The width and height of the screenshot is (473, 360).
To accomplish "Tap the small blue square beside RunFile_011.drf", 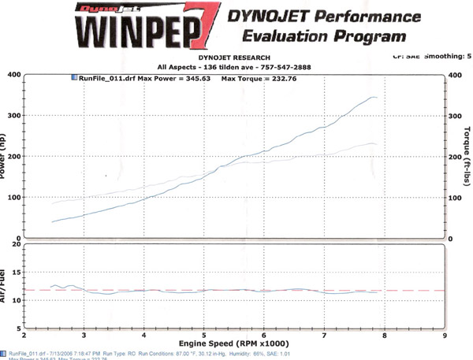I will coord(75,80).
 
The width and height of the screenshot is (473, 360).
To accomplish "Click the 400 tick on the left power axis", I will coord(13,75).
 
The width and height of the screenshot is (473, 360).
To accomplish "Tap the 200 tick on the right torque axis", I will coord(454,157).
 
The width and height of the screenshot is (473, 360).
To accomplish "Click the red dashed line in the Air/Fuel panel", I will coord(236,290).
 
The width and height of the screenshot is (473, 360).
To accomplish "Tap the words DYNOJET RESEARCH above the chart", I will coord(236,58).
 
